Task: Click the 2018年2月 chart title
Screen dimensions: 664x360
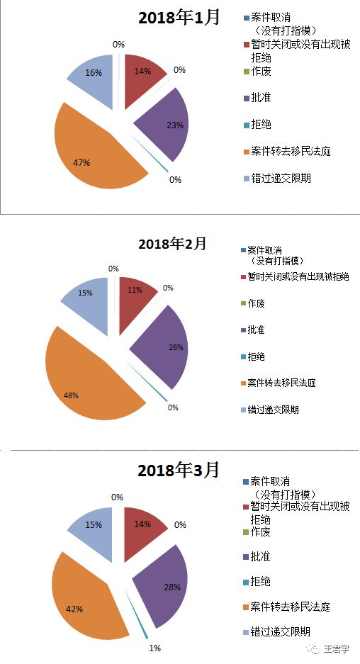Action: point(172,244)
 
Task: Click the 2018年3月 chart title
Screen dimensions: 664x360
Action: point(179,469)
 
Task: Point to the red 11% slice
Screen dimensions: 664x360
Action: point(135,293)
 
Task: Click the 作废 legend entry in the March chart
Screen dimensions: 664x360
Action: point(259,531)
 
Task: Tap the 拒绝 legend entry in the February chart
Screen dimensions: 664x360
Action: point(256,356)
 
